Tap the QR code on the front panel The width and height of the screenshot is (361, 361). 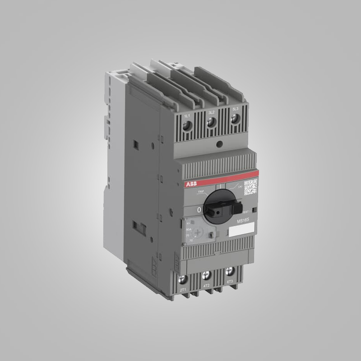(250, 186)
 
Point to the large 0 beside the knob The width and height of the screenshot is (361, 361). (199, 210)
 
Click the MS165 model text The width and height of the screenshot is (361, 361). (243, 219)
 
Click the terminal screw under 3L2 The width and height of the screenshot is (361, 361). (211, 122)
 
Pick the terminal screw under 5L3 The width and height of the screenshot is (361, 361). (235, 119)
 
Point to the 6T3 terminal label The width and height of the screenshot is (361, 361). (230, 282)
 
